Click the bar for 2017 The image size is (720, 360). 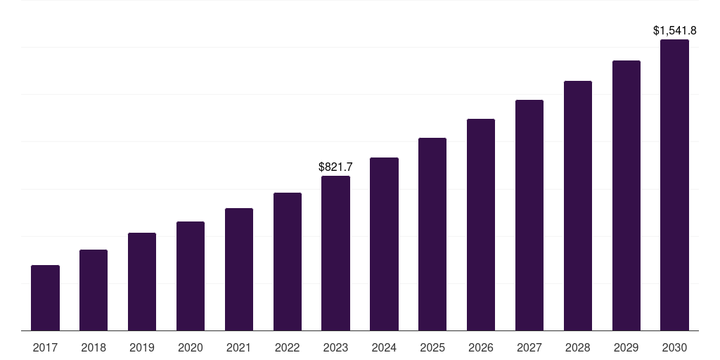coord(45,297)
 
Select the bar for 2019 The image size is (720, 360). coord(142,281)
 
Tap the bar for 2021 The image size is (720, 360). coord(239,269)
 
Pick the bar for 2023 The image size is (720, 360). coord(335,253)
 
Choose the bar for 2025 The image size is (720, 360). coord(432,234)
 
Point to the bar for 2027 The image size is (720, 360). coord(529,215)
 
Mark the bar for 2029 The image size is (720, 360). coord(626,195)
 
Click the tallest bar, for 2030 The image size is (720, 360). coord(674,185)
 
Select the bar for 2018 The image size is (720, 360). coord(94,290)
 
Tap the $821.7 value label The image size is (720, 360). coord(335,167)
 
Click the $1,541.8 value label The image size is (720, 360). coord(674,31)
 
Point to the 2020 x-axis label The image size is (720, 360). coord(191,347)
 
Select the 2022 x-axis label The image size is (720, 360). coord(287,347)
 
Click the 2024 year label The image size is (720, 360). coord(384,347)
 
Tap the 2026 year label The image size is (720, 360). coord(481,347)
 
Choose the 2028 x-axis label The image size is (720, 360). coord(578,347)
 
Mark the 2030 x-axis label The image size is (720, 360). coord(674,347)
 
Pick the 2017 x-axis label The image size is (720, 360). coord(45,347)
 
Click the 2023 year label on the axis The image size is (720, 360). coord(335,347)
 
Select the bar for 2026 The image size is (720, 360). coord(481,225)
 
